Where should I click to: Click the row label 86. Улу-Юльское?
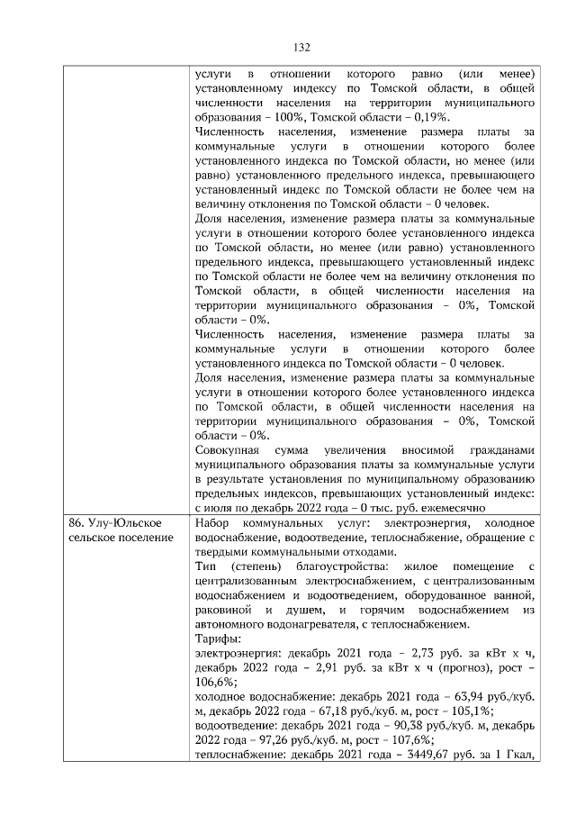(115, 523)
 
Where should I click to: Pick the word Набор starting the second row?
(212, 523)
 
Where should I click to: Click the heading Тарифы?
(216, 638)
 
